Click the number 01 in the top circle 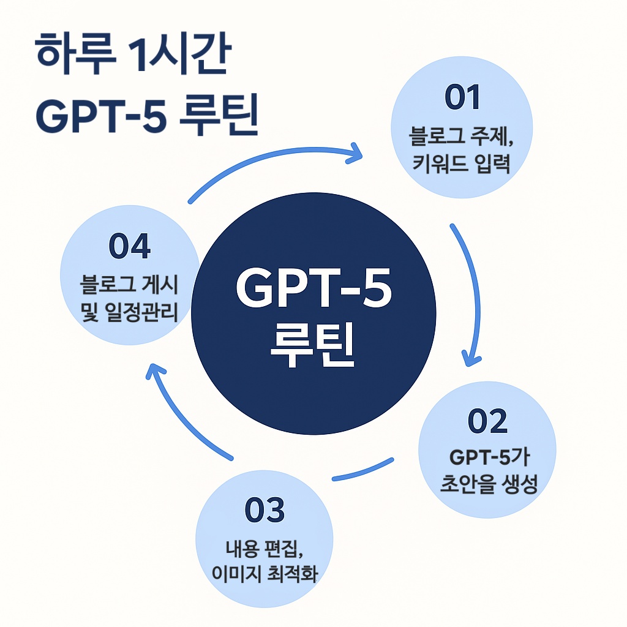point(463,100)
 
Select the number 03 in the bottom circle point(265,511)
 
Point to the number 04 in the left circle point(129,247)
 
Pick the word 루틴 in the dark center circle point(313,347)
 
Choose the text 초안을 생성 point(488,486)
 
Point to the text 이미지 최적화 point(265,576)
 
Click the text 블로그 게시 point(129,285)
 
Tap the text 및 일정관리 point(129,313)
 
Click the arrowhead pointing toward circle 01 point(355,153)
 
